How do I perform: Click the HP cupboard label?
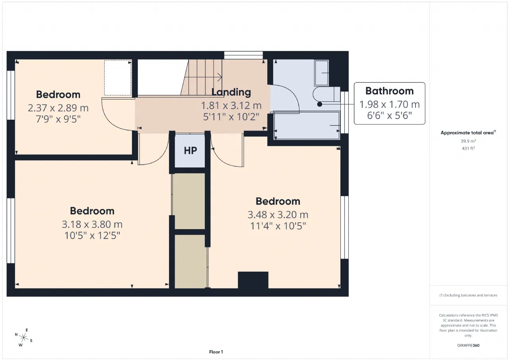tap(190, 150)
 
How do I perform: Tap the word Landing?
tap(231, 92)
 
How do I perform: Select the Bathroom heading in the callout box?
tap(389, 91)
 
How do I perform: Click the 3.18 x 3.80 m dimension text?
tap(92, 224)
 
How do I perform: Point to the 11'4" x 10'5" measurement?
tap(278, 226)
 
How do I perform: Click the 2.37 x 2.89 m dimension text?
tap(58, 108)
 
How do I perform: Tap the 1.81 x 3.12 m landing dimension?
tap(231, 105)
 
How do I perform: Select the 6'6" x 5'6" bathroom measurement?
tap(389, 115)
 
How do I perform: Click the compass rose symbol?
tap(23, 337)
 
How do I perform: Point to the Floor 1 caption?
tap(216, 352)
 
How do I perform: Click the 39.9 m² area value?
tap(468, 141)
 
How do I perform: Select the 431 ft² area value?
tap(468, 148)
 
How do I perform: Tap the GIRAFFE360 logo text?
tap(468, 345)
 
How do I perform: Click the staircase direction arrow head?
tap(220, 77)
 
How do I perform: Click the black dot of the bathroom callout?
tap(320, 104)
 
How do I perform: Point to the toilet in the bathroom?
tap(326, 94)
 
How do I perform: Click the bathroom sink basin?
tap(322, 73)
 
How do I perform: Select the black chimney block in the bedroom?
tap(253, 280)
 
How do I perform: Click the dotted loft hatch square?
tap(118, 78)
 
